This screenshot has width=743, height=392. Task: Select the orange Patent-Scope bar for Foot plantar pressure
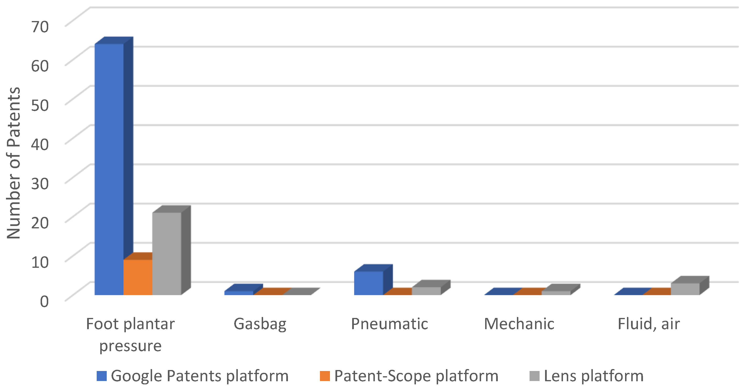(x=138, y=277)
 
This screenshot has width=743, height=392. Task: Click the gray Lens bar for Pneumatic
(x=426, y=291)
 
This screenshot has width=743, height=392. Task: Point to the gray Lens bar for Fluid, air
(x=685, y=289)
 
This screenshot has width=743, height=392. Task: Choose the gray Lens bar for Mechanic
(x=556, y=293)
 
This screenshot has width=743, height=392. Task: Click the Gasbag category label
(x=260, y=324)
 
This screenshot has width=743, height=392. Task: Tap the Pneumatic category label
(x=389, y=324)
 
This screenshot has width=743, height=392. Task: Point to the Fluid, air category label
(x=649, y=324)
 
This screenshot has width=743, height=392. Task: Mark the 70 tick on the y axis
(x=40, y=27)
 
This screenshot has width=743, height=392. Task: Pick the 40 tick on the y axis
(x=40, y=144)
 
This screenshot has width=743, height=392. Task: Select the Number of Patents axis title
(x=14, y=163)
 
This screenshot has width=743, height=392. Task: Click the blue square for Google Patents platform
(x=101, y=376)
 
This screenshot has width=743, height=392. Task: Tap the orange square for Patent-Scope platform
(x=325, y=376)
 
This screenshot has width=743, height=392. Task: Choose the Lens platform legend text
(x=594, y=376)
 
